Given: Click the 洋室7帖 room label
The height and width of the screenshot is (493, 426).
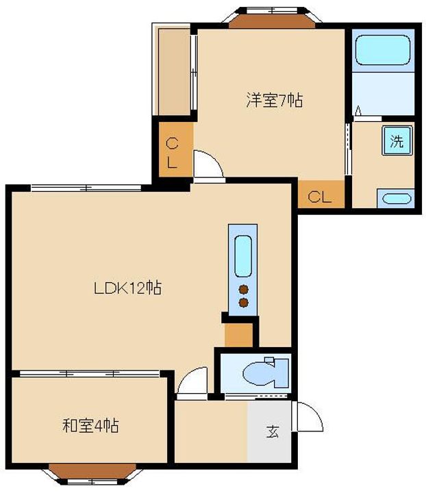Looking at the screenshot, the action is (x=275, y=101).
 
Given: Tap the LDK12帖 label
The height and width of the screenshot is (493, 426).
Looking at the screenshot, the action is (x=128, y=288).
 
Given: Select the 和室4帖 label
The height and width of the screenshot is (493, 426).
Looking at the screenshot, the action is (x=90, y=425).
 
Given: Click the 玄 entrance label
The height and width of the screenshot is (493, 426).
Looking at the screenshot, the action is (x=273, y=431).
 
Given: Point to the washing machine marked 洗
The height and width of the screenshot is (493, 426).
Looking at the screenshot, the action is (x=397, y=140).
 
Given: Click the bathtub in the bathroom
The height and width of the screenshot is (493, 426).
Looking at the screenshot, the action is (x=383, y=50).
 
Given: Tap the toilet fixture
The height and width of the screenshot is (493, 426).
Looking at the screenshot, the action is (x=266, y=372).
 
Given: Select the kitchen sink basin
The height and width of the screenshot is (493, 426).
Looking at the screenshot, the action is (x=243, y=256).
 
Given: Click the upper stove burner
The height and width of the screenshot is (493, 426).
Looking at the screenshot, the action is (x=244, y=289).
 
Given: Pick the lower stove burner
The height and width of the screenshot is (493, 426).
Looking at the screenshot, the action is (x=244, y=303).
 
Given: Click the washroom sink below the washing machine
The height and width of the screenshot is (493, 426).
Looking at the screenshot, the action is (x=396, y=199).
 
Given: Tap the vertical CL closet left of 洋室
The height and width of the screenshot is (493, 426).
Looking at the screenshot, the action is (x=175, y=149).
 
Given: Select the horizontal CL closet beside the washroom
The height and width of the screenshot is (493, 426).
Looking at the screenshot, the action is (x=321, y=194).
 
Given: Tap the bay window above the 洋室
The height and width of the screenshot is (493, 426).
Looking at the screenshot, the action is (x=272, y=17).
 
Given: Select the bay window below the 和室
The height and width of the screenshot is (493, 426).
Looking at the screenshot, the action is (x=92, y=474).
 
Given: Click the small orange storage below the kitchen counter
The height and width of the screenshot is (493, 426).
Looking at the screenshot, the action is (x=238, y=335).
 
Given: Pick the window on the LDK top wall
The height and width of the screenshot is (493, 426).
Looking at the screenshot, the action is (x=86, y=188).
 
